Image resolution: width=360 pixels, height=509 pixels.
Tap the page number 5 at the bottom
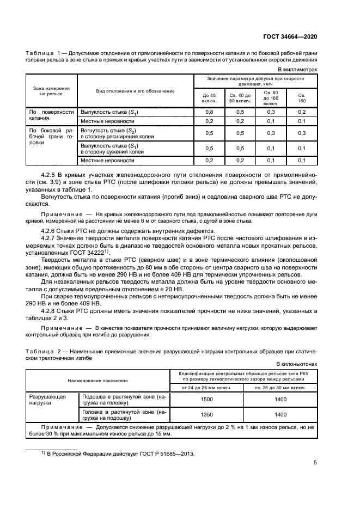point(315,463)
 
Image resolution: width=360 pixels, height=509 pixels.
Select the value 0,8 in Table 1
point(209,112)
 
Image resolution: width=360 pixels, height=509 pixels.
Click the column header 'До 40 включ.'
point(209,98)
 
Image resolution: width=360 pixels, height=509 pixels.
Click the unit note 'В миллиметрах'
point(298,70)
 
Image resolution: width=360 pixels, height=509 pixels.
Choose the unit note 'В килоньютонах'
point(297,364)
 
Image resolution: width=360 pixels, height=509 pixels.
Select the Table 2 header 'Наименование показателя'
point(97,381)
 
